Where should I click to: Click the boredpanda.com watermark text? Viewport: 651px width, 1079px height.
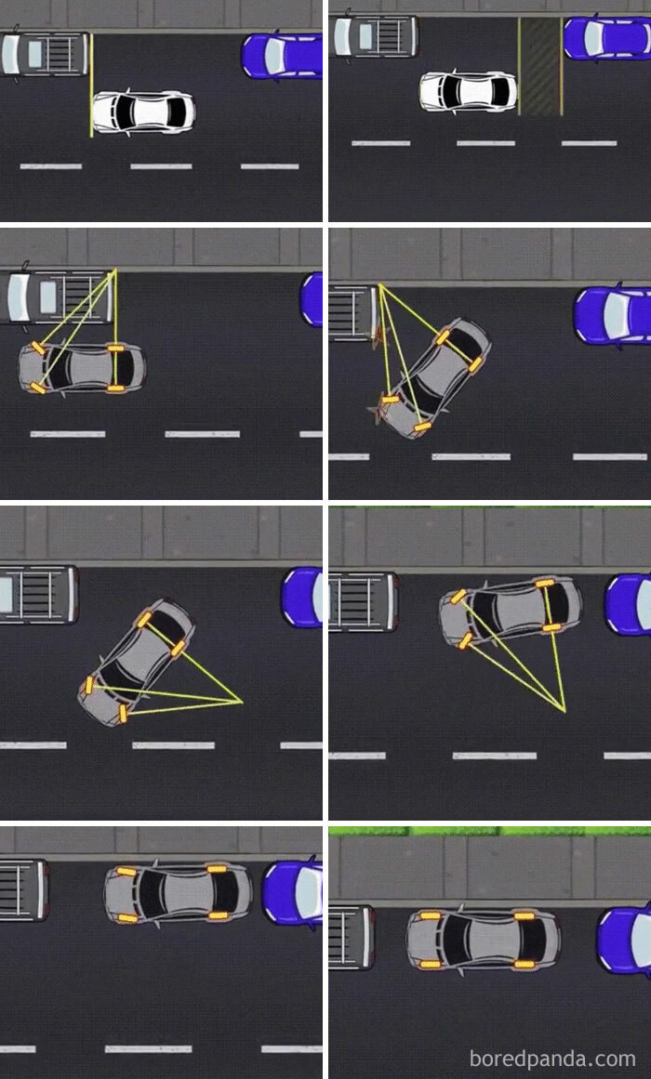[552, 1058]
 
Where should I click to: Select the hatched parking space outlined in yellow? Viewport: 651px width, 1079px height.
[540, 66]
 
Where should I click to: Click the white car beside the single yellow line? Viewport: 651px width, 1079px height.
[143, 112]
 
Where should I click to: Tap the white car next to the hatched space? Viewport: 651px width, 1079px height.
[469, 90]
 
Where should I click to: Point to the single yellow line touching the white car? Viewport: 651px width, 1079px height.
[91, 85]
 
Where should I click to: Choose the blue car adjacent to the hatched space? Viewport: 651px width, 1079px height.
[607, 38]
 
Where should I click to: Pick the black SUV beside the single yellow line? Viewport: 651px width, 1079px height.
[45, 54]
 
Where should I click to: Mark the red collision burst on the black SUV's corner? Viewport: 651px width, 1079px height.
[378, 336]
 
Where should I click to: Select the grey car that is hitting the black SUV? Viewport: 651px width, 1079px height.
[434, 378]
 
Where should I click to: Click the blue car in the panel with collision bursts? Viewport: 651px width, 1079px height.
[613, 314]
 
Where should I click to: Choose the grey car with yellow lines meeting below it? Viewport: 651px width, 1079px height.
[511, 613]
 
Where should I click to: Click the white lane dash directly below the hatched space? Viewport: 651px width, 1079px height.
[589, 143]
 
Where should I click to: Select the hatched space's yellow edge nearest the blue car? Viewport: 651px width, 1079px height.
[562, 66]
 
